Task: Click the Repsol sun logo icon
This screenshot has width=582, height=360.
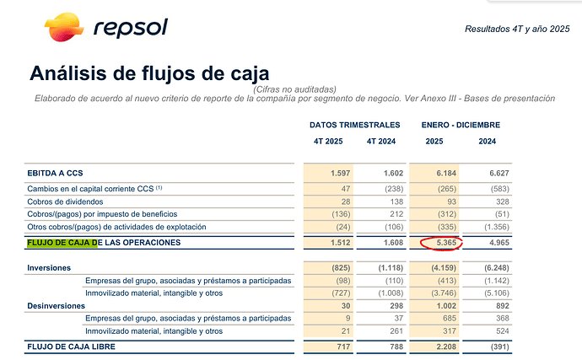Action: click(64, 27)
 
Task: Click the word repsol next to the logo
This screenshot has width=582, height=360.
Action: click(131, 28)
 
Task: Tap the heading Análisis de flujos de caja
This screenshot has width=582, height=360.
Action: click(149, 73)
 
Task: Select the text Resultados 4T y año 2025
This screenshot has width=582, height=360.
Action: click(517, 29)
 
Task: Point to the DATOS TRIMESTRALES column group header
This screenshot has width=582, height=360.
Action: click(355, 125)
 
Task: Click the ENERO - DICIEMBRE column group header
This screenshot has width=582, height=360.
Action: click(461, 125)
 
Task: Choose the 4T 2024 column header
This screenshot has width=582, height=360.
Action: click(381, 142)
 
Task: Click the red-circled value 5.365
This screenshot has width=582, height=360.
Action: click(446, 243)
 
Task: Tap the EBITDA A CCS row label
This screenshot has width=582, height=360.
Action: click(55, 174)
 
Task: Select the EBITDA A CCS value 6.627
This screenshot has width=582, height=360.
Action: click(499, 174)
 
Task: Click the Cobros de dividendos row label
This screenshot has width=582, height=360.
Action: click(65, 201)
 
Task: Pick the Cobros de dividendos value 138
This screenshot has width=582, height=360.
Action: click(396, 201)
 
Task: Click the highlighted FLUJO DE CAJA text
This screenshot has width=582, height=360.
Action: click(62, 243)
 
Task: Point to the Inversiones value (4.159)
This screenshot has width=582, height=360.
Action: click(444, 268)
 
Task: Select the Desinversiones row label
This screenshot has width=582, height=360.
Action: click(56, 306)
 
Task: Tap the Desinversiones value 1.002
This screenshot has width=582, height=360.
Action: click(446, 306)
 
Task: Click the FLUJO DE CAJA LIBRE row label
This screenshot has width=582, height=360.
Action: click(71, 347)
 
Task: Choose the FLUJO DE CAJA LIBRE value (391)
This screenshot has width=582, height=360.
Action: click(499, 347)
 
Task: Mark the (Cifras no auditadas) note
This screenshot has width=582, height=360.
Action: click(294, 89)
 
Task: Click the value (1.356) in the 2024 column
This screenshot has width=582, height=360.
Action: click(497, 227)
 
